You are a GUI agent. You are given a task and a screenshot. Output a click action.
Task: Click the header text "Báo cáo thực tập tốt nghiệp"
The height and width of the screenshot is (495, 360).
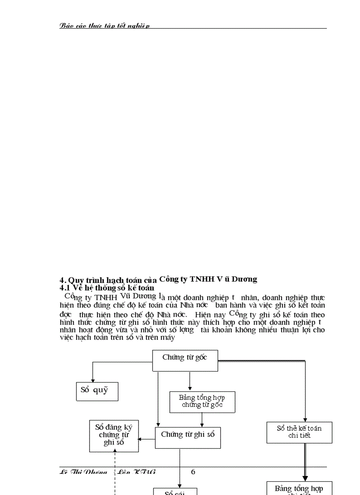[x=105, y=26]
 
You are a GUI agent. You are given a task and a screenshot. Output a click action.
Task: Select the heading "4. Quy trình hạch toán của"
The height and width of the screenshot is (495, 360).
[x=108, y=280]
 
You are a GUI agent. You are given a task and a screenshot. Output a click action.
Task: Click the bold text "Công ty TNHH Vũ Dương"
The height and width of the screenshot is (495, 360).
[x=208, y=279]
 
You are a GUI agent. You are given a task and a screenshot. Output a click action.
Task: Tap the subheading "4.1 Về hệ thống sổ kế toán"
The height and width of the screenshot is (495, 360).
[x=107, y=288]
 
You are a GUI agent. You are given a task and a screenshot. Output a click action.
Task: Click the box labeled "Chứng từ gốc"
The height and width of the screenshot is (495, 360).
[x=185, y=360]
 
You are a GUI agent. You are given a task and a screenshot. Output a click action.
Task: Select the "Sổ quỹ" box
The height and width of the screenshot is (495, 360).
[x=97, y=391]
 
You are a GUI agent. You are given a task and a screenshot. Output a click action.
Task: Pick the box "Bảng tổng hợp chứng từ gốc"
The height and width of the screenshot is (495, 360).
[x=202, y=402]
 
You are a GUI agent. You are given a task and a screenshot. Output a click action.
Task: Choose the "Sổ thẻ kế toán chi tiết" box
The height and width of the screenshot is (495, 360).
[x=299, y=432]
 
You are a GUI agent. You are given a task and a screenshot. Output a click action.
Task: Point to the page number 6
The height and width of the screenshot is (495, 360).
[x=193, y=472]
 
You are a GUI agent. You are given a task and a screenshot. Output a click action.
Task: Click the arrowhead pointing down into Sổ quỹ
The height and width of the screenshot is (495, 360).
[x=93, y=380]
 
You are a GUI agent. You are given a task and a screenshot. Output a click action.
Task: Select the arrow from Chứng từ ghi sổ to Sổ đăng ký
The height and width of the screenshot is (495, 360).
[x=146, y=439]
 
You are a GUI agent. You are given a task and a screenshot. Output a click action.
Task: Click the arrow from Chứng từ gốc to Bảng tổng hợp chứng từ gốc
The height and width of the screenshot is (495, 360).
[x=190, y=381]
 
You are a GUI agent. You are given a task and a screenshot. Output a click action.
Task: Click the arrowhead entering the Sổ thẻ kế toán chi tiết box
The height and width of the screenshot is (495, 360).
[x=305, y=419]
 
